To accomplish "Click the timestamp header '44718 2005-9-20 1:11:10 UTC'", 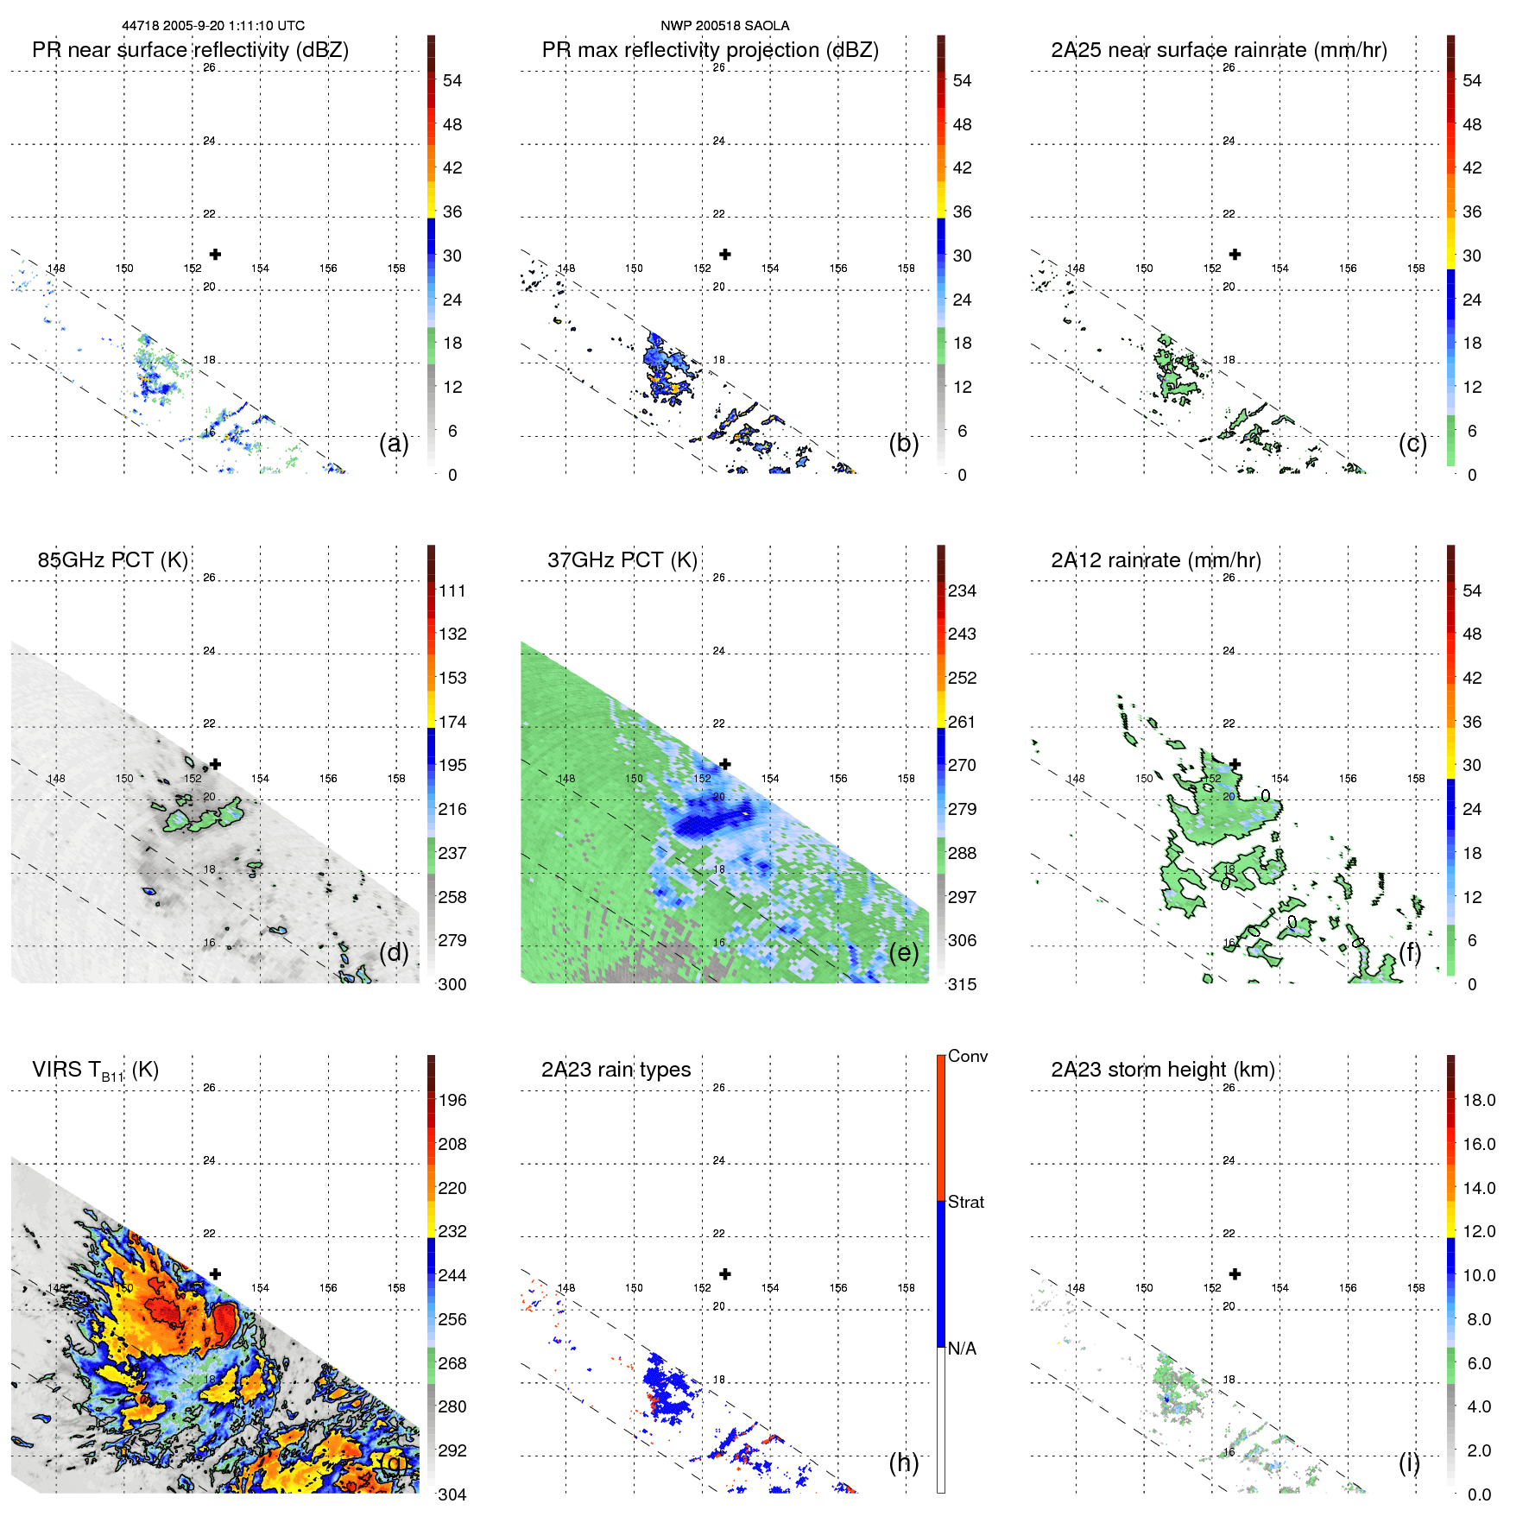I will click(212, 26).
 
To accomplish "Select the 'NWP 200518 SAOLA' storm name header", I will click(724, 26).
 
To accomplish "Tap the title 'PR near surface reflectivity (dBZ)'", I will click(190, 50).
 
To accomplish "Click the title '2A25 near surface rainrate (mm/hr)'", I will click(1218, 50).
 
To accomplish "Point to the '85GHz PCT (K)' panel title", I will click(112, 560).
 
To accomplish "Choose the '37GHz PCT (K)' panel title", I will click(622, 560).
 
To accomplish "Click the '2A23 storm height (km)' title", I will click(1162, 1070).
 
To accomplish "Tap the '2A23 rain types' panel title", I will click(616, 1070).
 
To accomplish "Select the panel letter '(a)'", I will click(394, 443).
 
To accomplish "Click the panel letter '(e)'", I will click(903, 952).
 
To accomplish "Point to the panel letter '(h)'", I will click(903, 1462).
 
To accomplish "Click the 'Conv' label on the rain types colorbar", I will click(967, 1056).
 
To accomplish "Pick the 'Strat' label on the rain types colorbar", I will click(965, 1202).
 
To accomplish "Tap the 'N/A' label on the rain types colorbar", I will click(962, 1349).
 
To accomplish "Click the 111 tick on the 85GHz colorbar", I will click(452, 591).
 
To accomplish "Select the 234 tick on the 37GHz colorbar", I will click(962, 591).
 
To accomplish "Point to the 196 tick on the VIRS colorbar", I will click(452, 1100).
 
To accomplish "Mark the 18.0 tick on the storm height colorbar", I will click(1478, 1100).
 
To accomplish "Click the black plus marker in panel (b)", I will click(725, 255).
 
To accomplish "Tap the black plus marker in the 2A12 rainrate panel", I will click(1235, 764).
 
